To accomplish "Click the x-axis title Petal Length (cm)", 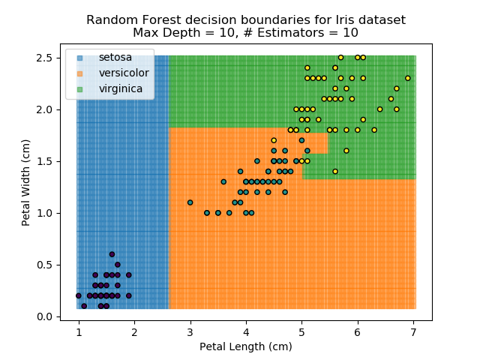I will click(x=245, y=346).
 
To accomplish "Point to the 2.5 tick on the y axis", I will click(x=44, y=58).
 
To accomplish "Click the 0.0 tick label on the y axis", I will click(x=44, y=316).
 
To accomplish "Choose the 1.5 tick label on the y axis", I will click(x=44, y=161).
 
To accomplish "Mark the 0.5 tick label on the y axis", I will click(x=44, y=265).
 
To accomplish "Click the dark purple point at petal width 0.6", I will click(x=112, y=254).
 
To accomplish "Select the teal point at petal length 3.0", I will click(x=190, y=202).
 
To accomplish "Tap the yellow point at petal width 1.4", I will click(x=335, y=171).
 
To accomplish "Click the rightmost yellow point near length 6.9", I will click(x=408, y=78).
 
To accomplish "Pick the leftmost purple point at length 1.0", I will click(x=78, y=295).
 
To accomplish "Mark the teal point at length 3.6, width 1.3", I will click(x=223, y=181).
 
